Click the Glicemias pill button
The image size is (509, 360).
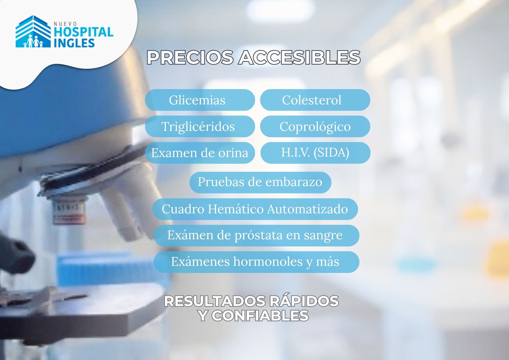(200, 100)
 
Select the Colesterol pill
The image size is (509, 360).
(315, 100)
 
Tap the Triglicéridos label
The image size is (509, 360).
(198, 127)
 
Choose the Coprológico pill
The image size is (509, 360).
(315, 126)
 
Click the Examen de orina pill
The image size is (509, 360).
(200, 153)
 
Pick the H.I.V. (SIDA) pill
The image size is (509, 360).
(315, 153)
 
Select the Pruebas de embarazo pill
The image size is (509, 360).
(260, 182)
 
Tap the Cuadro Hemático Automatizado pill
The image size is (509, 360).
(255, 209)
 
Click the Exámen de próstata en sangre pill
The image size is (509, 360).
(257, 236)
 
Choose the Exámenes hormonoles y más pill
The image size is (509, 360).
(257, 262)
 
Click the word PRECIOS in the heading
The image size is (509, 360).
(190, 57)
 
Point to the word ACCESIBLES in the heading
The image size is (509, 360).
(299, 57)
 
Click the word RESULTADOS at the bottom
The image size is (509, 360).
(215, 301)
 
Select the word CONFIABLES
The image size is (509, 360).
(260, 316)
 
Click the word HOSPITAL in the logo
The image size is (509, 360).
(83, 32)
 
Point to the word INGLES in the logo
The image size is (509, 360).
(74, 43)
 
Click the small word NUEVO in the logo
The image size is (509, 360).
(65, 24)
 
